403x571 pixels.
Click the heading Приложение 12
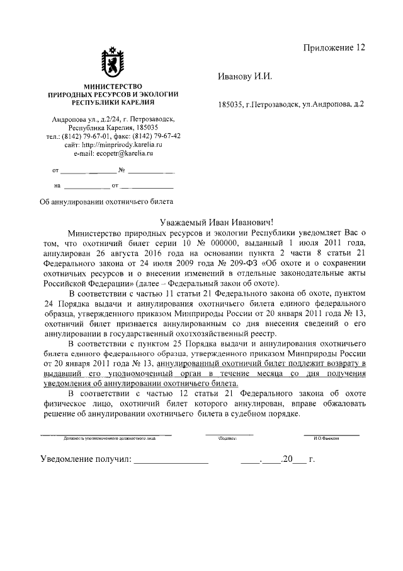point(334,48)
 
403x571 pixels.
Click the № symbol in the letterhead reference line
point(123,170)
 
